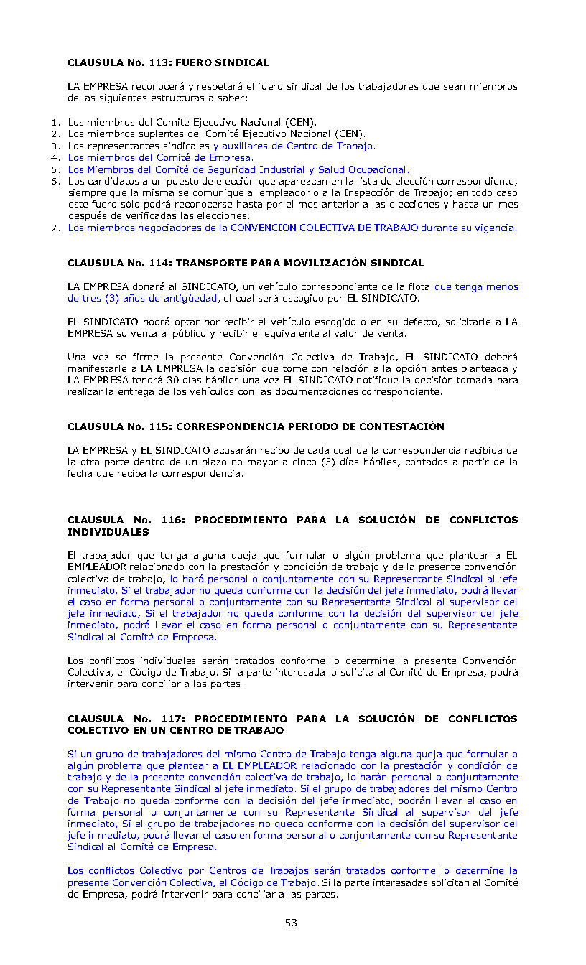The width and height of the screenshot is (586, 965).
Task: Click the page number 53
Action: [291, 923]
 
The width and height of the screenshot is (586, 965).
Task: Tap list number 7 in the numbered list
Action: [54, 228]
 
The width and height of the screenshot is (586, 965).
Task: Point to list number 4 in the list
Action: [54, 157]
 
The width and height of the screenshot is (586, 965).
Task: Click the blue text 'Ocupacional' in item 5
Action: [376, 169]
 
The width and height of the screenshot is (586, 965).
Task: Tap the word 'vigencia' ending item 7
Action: [494, 228]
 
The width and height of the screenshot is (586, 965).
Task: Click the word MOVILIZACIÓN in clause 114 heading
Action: [329, 263]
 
